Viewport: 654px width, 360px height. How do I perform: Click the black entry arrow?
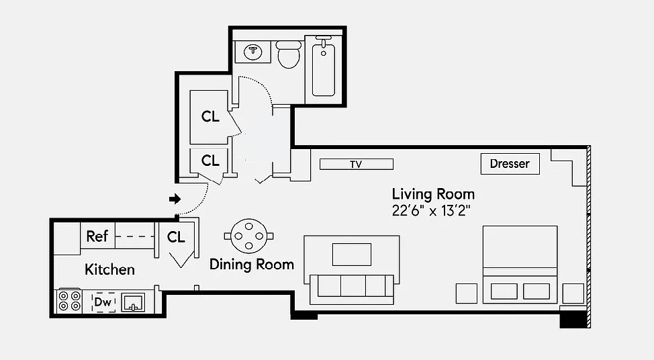click(175, 199)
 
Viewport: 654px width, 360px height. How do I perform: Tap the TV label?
click(356, 165)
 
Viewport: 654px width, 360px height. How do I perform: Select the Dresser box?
click(510, 164)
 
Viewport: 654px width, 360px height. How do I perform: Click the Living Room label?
click(433, 194)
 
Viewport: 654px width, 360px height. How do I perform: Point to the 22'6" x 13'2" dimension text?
click(431, 211)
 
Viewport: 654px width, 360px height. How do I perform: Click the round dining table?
click(248, 236)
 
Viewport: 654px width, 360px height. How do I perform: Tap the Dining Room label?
click(252, 265)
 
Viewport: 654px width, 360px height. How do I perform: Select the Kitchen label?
click(109, 269)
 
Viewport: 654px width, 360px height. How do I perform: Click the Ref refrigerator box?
click(97, 236)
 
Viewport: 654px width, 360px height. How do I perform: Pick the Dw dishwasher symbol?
click(103, 302)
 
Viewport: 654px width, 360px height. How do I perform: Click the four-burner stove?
click(69, 301)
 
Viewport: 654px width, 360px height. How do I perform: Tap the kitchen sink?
click(133, 302)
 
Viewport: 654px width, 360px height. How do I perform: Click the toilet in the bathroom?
click(289, 54)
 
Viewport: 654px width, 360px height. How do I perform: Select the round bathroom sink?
click(252, 52)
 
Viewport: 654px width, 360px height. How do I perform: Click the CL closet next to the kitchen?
click(176, 237)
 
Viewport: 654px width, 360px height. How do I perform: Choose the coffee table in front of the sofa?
click(352, 255)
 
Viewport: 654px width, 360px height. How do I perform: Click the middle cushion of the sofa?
click(353, 285)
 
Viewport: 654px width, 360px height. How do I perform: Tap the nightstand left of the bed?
click(466, 294)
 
